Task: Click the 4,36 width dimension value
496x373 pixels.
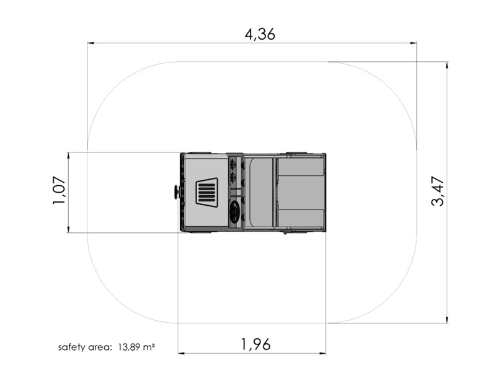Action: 260,34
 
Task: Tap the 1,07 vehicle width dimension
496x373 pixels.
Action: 59,190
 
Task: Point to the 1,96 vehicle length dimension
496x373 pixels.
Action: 256,344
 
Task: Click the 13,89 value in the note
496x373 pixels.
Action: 129,348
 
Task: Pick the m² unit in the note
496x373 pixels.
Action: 149,347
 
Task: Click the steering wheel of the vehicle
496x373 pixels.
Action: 235,209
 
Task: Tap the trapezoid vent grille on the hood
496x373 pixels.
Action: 206,192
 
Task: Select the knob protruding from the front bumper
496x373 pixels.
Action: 175,192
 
